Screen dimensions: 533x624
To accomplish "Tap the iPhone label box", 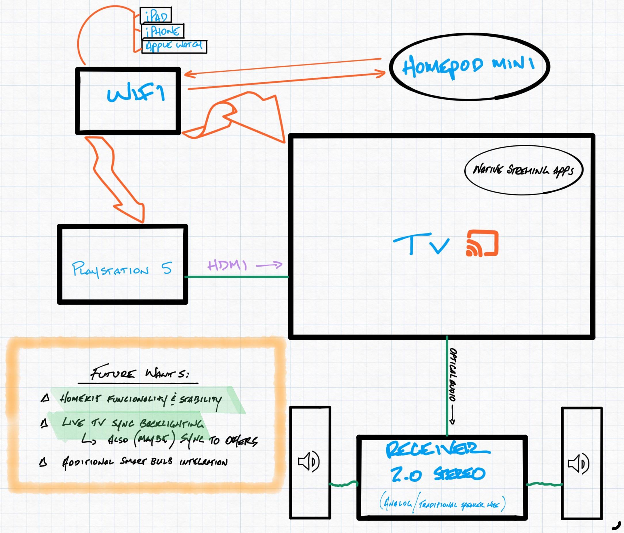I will pos(162,31).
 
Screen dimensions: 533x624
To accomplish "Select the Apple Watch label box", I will pos(174,46).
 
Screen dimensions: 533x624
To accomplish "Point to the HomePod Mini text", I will pos(468,66).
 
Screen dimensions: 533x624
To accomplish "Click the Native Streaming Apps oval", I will pos(523,170).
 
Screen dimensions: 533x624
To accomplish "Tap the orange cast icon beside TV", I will pos(482,244).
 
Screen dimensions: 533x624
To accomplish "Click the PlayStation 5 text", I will pos(122,269).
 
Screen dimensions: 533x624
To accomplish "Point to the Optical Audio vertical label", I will pos(453,375).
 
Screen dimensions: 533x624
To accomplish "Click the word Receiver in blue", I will pos(437,450).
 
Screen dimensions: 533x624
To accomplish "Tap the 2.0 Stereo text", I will pos(438,474).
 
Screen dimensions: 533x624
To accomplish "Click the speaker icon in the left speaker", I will pos(309,462).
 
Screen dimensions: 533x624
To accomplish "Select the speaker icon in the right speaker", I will pos(579,463).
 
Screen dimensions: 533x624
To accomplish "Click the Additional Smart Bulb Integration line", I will pos(144,462).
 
